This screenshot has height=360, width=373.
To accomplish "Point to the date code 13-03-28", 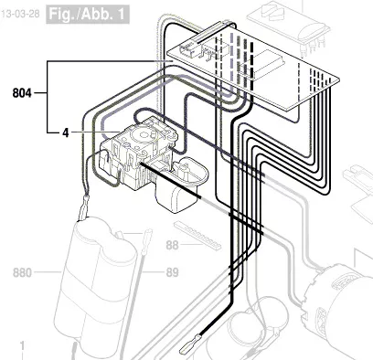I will tap(22, 16).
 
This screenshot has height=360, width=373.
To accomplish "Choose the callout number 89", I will tap(171, 272).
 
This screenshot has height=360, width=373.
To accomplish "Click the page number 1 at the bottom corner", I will tap(21, 344).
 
